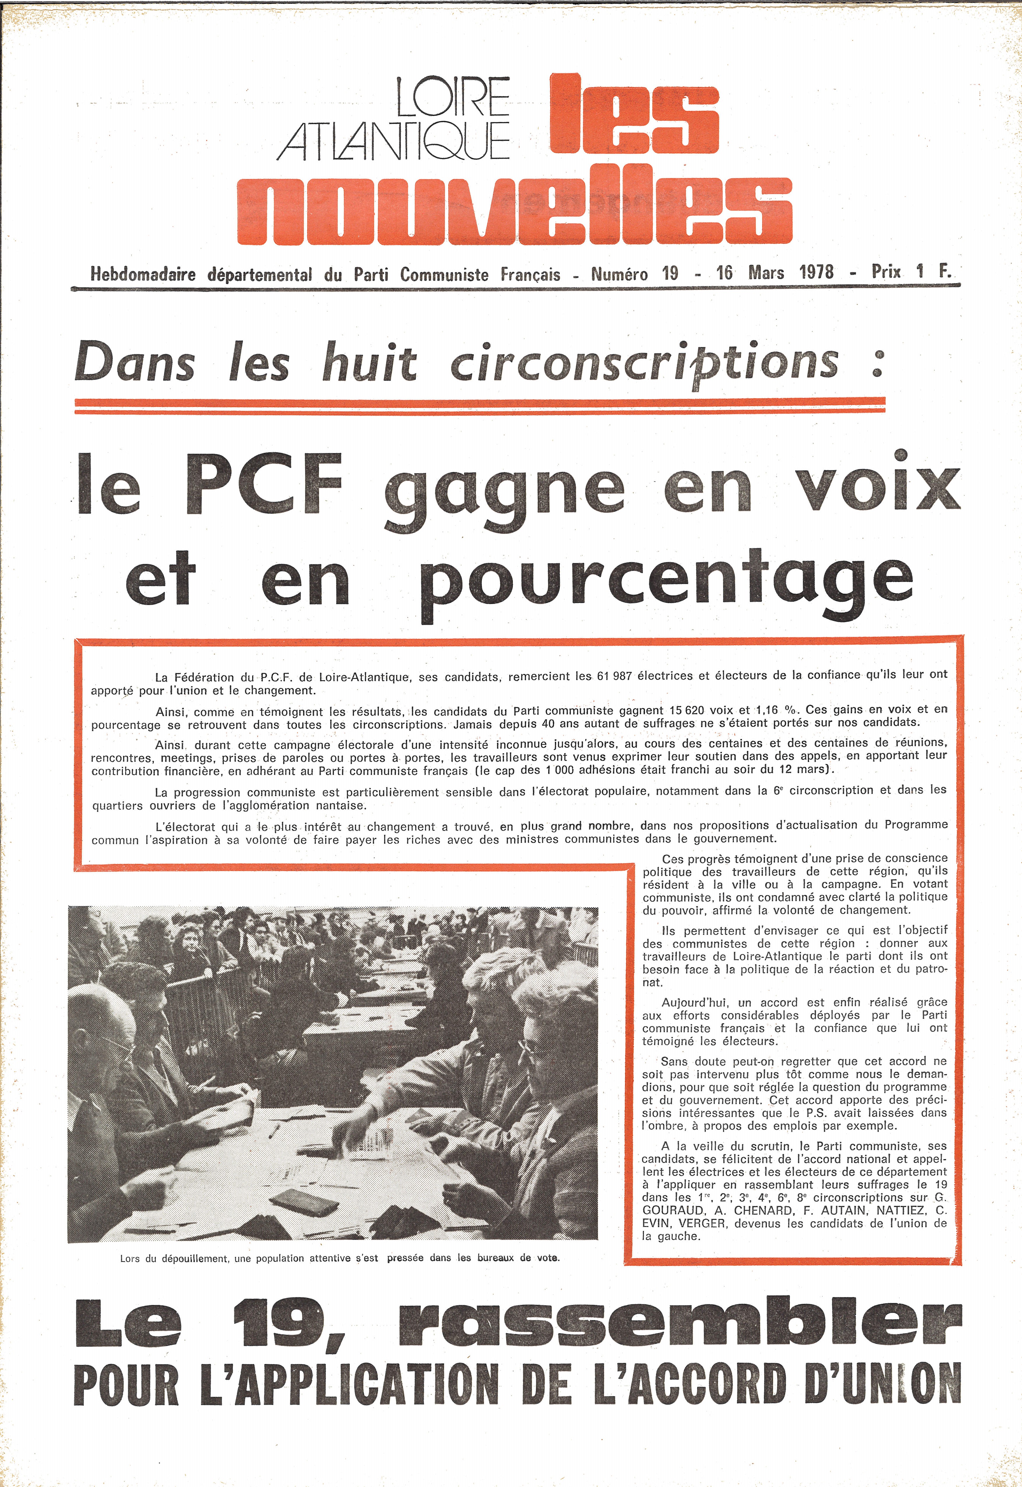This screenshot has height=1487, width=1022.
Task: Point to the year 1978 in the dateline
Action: pos(817,273)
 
